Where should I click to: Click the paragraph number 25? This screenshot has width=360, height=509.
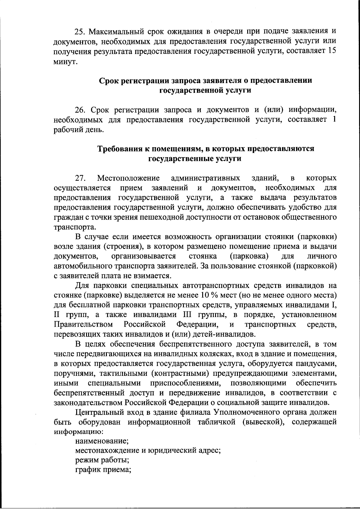click(80, 31)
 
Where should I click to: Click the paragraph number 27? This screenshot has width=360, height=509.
click(80, 178)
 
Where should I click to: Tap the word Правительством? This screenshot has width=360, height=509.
click(84, 325)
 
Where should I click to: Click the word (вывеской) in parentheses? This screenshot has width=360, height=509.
click(262, 422)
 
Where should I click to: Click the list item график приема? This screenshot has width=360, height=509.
click(103, 470)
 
